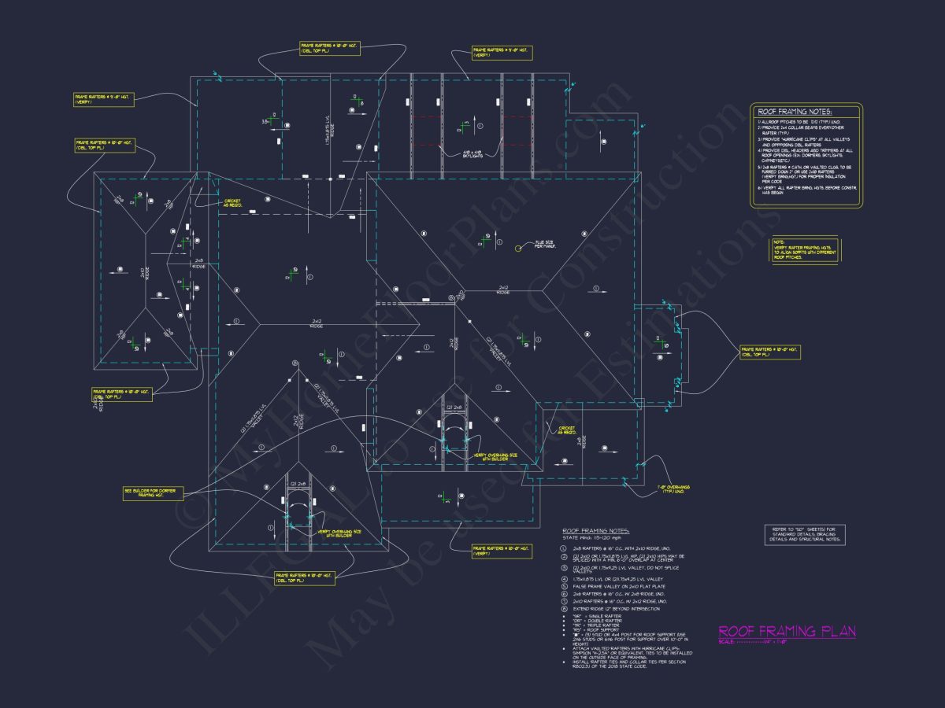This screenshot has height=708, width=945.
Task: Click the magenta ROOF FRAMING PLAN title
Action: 787,631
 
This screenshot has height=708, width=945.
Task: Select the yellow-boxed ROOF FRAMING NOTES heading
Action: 795,112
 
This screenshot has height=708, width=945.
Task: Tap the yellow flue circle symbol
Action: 518,249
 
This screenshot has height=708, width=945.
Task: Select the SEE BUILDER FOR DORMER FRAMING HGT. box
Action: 153,492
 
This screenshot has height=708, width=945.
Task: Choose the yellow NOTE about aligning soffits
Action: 804,250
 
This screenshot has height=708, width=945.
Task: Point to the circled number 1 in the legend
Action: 564,549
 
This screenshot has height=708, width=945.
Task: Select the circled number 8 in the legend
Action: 564,609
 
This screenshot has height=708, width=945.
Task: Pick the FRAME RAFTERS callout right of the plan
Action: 769,352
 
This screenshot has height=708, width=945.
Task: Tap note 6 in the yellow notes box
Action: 806,192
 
